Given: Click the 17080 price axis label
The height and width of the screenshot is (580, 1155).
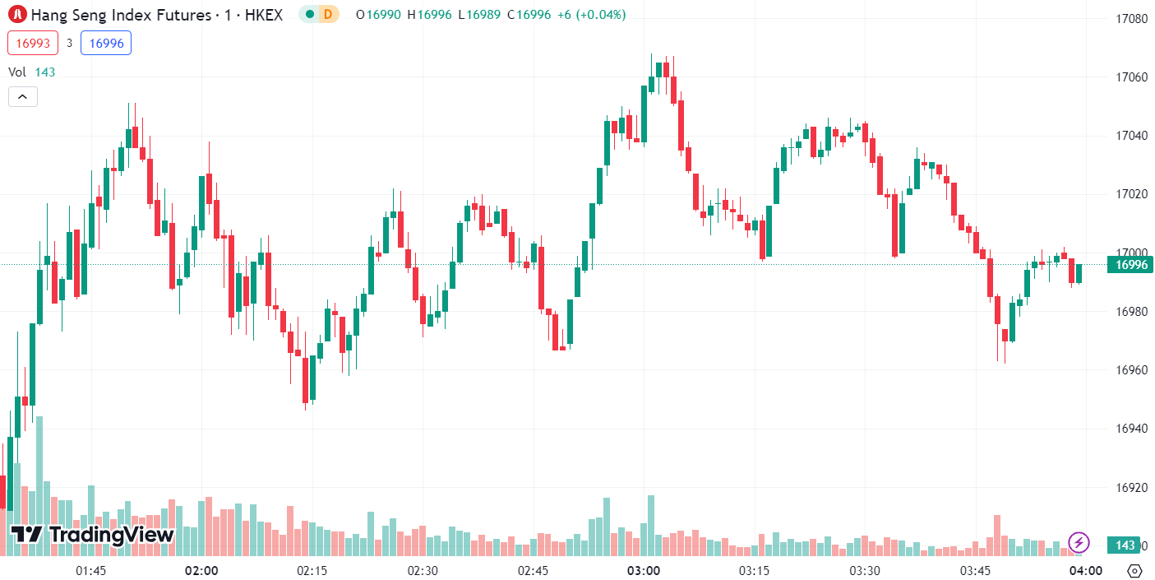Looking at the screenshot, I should [1132, 18].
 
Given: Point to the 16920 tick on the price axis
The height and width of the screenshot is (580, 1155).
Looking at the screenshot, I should [1132, 488].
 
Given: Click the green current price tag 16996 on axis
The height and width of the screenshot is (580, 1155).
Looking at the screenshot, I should [1132, 265].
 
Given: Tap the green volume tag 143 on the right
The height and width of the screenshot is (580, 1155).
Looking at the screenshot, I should [1125, 545].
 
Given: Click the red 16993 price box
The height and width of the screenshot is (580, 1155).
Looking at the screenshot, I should [33, 43].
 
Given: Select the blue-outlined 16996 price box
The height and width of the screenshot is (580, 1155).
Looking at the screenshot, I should [106, 43].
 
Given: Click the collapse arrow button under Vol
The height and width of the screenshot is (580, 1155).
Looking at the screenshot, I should [22, 97].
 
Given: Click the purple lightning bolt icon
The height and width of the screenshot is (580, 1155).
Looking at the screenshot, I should [1079, 542].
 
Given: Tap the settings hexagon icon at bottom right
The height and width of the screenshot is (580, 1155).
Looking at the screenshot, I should [1135, 571].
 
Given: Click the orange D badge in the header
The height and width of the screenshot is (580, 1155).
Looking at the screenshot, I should [328, 14].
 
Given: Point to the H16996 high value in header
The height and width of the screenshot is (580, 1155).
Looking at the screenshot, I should [429, 14].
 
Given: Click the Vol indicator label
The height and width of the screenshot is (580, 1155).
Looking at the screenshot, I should [17, 72].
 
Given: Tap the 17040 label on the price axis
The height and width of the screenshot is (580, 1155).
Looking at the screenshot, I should [1132, 136].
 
